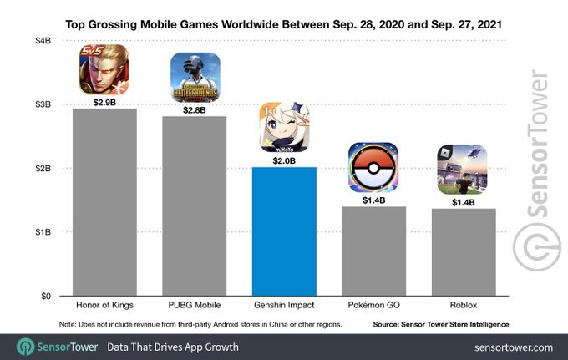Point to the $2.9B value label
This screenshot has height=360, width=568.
[104, 103]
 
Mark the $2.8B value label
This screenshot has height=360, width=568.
[195, 109]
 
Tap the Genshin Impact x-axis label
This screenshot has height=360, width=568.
[284, 307]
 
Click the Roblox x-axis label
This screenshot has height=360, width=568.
[463, 307]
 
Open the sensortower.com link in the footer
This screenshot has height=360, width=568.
[513, 347]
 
